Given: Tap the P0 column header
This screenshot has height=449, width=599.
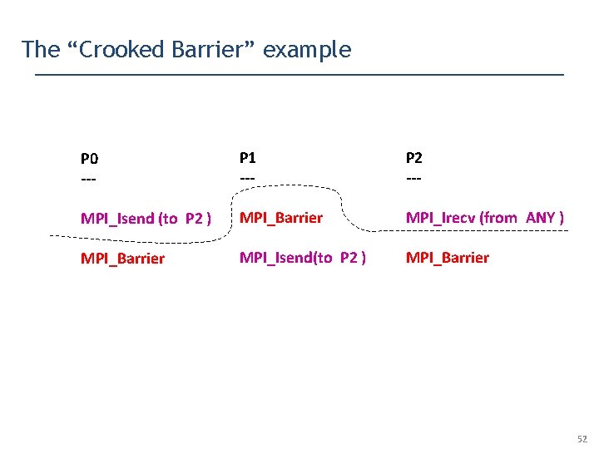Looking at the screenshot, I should click(89, 158).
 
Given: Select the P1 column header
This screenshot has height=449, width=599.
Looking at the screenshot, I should click(248, 156).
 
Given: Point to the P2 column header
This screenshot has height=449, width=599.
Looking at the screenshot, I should click(414, 157).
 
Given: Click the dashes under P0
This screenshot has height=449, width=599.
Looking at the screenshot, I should click(88, 179).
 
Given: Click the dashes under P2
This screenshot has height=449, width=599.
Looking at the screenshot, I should click(413, 178).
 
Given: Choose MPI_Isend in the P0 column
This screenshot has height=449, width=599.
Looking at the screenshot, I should click(117, 219).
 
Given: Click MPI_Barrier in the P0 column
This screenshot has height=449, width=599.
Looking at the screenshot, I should click(122, 258).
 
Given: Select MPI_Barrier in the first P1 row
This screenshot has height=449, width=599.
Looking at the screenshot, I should click(281, 218).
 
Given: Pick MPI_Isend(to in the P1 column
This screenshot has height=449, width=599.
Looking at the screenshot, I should click(288, 257).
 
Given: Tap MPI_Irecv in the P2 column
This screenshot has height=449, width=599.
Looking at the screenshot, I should click(440, 217).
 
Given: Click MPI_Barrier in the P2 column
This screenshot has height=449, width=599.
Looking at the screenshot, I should click(448, 257).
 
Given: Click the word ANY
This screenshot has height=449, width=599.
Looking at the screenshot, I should click(541, 217).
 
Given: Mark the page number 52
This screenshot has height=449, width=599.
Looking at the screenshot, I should click(581, 438).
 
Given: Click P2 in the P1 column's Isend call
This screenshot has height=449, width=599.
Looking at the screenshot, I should click(349, 257).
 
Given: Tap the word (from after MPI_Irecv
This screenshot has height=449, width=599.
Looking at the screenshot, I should click(500, 217).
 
